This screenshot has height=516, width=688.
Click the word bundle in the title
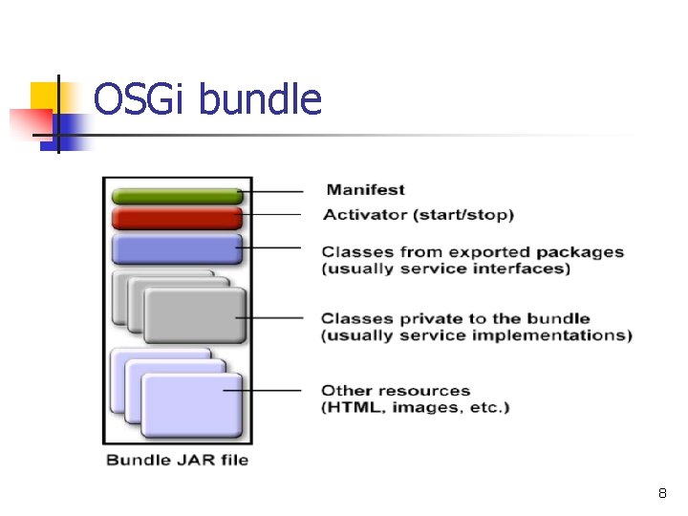point(260,99)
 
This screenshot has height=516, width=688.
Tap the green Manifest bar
point(177,196)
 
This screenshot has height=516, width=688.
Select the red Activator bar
point(177,218)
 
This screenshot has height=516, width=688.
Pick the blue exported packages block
point(177,249)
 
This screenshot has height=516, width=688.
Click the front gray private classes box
point(194,316)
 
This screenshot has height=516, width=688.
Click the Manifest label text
point(365,190)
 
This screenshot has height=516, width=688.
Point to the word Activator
point(365,215)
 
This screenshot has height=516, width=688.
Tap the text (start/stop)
point(463,215)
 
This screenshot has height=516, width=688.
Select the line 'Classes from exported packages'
point(472,252)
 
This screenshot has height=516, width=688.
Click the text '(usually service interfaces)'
point(445,269)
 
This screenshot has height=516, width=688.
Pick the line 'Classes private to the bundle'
point(455,318)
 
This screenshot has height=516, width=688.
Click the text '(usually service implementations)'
point(476,335)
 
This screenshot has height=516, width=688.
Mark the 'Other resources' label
point(396,390)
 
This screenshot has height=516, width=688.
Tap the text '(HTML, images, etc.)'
point(415,408)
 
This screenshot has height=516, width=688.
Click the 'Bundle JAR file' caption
point(177,460)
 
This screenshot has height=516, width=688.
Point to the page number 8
point(661,494)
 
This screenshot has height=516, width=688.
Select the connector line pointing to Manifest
point(272,191)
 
